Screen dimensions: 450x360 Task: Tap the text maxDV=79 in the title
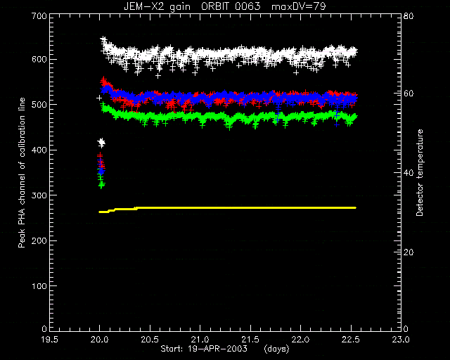coord(298,6)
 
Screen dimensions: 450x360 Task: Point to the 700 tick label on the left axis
coord(39,15)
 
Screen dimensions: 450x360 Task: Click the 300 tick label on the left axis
coord(39,195)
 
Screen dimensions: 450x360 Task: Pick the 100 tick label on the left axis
coord(39,286)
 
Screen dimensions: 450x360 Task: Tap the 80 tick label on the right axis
coord(409,15)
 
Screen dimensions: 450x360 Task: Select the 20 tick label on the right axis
coord(409,252)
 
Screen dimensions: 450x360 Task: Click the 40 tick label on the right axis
coord(409,173)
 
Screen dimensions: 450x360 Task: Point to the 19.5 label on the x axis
coord(50,340)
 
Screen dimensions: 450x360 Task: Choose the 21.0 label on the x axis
coord(200,340)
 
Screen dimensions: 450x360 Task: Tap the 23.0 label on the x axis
coord(401,340)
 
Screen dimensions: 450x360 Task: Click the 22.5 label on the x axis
coord(351,340)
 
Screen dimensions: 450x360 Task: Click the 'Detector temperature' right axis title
coord(420,172)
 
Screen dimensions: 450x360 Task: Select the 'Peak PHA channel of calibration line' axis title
coord(22,172)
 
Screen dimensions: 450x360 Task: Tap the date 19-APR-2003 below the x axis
coord(217,349)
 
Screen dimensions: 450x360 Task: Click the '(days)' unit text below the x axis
coord(276,349)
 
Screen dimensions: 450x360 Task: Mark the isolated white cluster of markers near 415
coord(101,143)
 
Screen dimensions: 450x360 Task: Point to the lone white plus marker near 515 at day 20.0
coord(99,98)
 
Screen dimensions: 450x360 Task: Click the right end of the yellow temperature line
coord(356,207)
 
